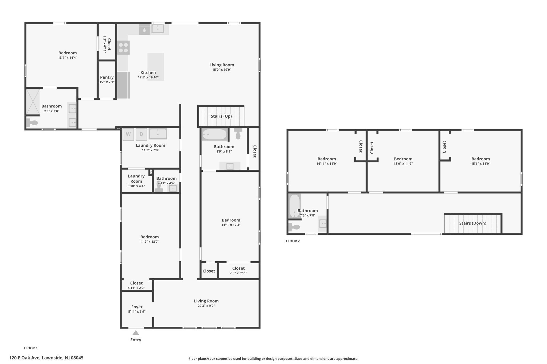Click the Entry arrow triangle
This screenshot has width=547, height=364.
(136, 333)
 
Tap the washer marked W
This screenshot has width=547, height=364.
(128, 134)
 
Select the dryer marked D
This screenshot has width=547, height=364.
(141, 134)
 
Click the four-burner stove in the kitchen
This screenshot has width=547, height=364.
(123, 48)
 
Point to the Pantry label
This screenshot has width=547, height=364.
(107, 77)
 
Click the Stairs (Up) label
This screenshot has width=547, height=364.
(221, 116)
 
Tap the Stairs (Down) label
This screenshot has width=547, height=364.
(473, 223)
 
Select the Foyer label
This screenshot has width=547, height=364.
(137, 307)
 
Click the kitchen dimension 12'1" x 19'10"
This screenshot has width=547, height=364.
(148, 78)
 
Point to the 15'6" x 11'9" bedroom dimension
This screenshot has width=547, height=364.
(481, 164)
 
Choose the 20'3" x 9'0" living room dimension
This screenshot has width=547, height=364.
(206, 306)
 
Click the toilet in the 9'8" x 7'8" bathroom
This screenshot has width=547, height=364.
(32, 123)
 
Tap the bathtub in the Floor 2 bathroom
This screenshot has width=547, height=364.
(295, 206)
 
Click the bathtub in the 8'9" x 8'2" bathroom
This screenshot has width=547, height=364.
(214, 134)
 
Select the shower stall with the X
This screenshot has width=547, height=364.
(33, 102)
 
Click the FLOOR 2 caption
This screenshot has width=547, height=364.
(293, 241)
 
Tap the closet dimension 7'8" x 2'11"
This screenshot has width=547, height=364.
(239, 273)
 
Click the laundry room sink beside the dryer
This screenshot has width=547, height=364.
(158, 134)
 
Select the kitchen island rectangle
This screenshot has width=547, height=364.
(156, 67)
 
